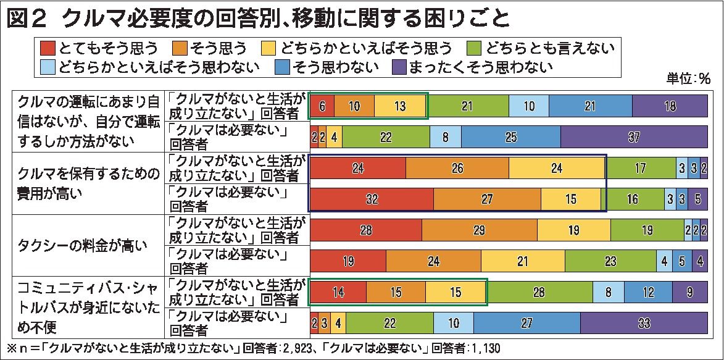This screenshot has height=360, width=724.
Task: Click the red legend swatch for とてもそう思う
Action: pos(49,47)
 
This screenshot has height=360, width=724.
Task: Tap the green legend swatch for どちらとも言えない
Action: pos(475,47)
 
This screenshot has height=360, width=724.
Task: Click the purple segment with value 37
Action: pos(634,137)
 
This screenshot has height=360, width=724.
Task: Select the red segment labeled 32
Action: pos(371,199)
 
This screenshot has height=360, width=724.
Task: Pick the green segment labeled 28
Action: pos(539,293)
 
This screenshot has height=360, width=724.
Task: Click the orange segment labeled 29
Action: pos(480,230)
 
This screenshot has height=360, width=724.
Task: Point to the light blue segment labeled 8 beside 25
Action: pos(445,137)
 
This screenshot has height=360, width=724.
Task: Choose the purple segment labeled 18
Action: pos(670,106)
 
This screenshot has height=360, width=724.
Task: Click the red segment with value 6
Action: pos(322,106)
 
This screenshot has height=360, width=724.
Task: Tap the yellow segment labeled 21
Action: pos(523,261)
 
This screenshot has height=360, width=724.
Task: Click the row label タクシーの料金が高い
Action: pos(83,246)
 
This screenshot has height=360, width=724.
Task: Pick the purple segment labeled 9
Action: pos(690,293)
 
